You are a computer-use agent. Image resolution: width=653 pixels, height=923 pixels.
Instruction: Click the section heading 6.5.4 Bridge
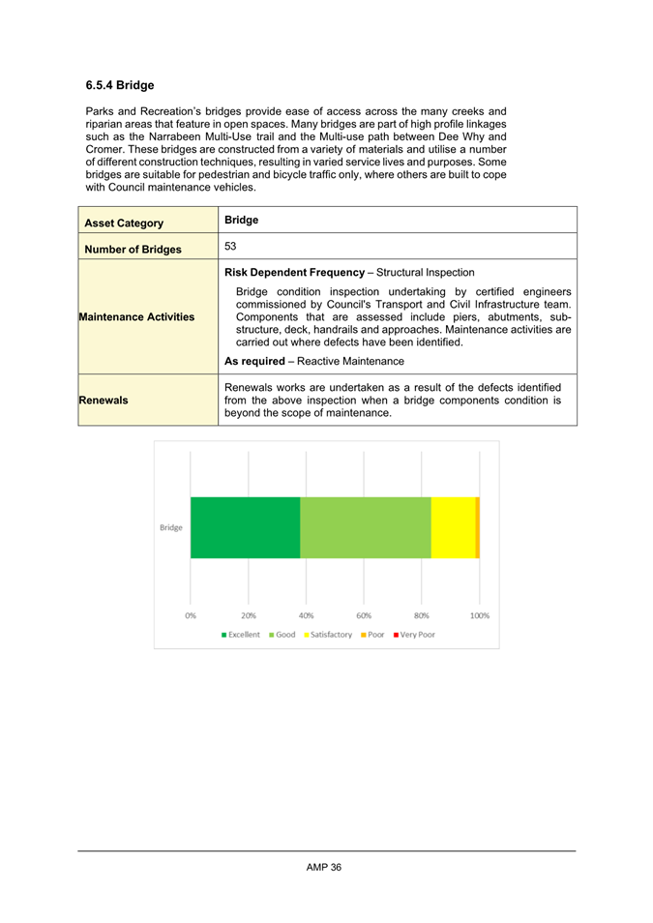(119, 85)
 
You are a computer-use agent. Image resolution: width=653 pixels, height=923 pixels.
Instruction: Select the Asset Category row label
(121, 223)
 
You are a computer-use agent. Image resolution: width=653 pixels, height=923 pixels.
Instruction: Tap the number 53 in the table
(231, 248)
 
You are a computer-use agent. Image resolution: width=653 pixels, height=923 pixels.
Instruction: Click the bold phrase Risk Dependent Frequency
(298, 273)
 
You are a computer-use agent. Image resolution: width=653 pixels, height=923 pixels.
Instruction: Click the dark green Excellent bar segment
(245, 527)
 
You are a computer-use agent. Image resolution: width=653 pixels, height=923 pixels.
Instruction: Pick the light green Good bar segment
(365, 527)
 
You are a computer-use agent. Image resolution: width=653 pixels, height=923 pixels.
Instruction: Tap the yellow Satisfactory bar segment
(453, 527)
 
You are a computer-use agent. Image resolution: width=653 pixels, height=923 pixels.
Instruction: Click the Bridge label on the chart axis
(170, 527)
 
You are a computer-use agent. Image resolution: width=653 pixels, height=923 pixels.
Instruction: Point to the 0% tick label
(191, 614)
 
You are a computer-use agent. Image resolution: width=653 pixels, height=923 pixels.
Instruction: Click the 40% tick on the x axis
(306, 614)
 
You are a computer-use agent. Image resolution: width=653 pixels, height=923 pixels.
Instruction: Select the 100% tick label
(479, 614)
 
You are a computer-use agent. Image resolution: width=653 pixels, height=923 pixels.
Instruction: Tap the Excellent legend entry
(242, 635)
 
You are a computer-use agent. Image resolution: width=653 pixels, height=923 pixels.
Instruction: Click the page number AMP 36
(324, 867)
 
